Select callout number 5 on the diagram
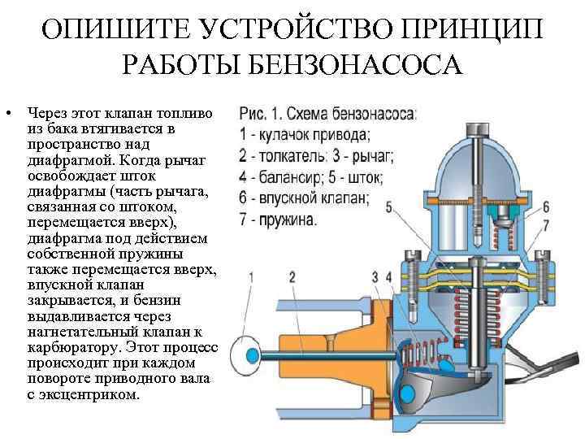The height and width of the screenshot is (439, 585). coord(389,208)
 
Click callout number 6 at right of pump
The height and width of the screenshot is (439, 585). coord(546,206)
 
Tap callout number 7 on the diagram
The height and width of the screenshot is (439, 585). coord(546,224)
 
